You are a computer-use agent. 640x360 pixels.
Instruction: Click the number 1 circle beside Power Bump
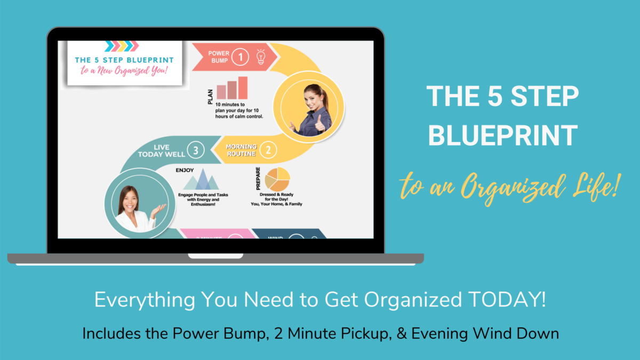(x=241, y=57)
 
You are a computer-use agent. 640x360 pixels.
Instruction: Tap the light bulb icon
(x=261, y=57)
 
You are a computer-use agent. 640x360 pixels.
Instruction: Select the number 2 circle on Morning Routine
(x=268, y=150)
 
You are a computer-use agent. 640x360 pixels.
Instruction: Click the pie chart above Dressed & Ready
(x=277, y=179)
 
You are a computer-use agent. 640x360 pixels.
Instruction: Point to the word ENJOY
(x=185, y=170)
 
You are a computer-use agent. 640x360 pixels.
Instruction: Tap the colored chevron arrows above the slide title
(x=121, y=46)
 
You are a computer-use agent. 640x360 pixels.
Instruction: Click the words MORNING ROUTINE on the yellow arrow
(x=241, y=150)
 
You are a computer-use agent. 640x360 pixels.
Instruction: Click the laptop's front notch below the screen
(x=208, y=257)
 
